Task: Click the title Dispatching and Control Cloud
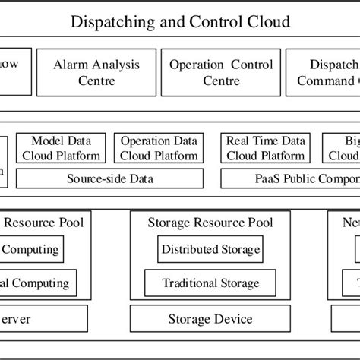[180, 21]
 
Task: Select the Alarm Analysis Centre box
[96, 72]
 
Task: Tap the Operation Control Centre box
[210, 72]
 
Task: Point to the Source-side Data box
[109, 179]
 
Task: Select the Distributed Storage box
[210, 249]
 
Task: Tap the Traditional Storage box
[210, 283]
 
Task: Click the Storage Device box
[210, 319]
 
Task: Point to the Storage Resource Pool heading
[210, 223]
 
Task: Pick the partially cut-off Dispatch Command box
[324, 72]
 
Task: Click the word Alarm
[71, 65]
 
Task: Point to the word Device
[232, 319]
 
